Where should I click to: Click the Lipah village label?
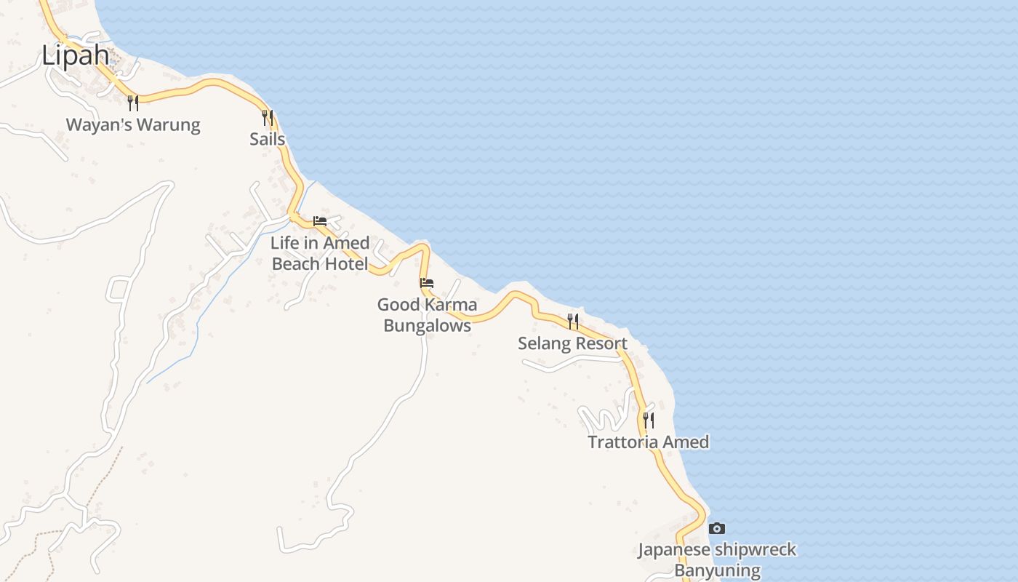75,56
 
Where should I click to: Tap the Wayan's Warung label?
133,125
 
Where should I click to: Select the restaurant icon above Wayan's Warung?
133,103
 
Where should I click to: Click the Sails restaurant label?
267,139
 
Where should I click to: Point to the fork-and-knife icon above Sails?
268,117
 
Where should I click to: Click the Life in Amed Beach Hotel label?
320,253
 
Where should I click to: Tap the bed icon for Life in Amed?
320,221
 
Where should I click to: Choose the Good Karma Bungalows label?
427,315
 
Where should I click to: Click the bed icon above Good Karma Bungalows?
427,283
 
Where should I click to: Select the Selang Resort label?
572,343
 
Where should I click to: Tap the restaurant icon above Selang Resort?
573,321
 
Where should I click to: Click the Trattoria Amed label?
648,442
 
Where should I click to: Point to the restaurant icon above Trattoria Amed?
648,420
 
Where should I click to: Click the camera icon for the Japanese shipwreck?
717,528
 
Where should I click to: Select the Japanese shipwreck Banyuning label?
717,560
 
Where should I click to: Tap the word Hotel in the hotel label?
345,264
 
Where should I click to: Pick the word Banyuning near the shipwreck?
717,570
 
